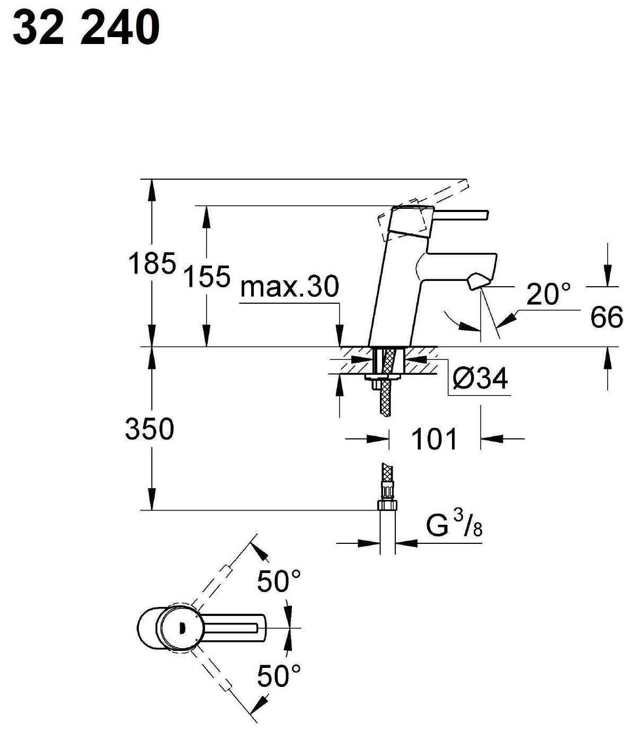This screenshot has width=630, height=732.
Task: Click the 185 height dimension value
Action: (x=152, y=263)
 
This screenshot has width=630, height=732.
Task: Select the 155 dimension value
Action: (x=207, y=276)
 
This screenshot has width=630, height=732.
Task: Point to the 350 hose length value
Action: (x=149, y=429)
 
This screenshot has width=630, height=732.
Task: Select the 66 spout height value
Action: (x=607, y=317)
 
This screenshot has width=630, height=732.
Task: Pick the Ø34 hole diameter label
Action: (x=480, y=378)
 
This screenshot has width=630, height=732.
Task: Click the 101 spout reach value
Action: (x=433, y=439)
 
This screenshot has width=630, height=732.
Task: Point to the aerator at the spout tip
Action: (x=477, y=281)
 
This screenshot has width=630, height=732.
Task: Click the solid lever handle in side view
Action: (x=461, y=214)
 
